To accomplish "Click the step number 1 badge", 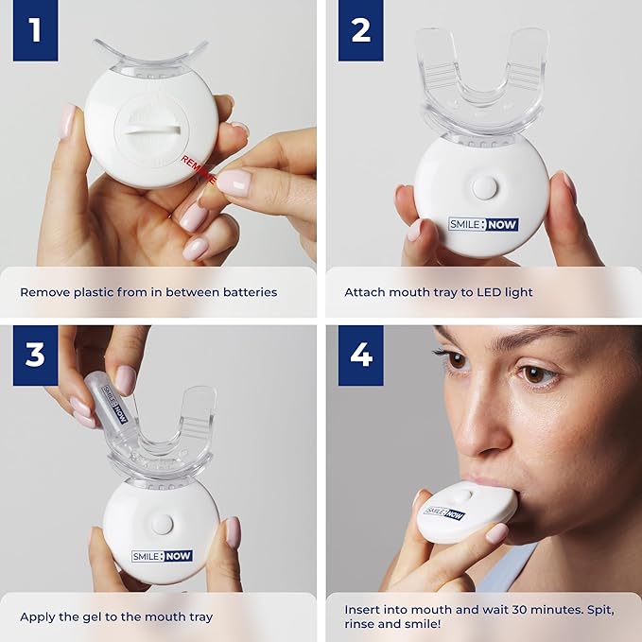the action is click(x=36, y=30).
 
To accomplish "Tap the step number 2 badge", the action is click(x=361, y=30).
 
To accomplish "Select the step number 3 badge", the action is click(x=36, y=356).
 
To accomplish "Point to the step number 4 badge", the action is click(x=361, y=356).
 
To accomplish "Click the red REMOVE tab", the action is click(x=199, y=169).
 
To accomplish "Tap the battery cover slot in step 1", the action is click(x=152, y=130).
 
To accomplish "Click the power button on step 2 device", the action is click(x=483, y=186).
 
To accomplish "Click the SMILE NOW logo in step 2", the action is click(x=483, y=224).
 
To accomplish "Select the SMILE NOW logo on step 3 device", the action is click(x=162, y=556).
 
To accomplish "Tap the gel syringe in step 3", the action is click(x=108, y=402).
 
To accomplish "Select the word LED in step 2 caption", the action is click(x=489, y=292).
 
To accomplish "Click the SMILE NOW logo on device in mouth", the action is click(x=444, y=513).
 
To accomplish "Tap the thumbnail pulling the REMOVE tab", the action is click(x=234, y=182).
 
